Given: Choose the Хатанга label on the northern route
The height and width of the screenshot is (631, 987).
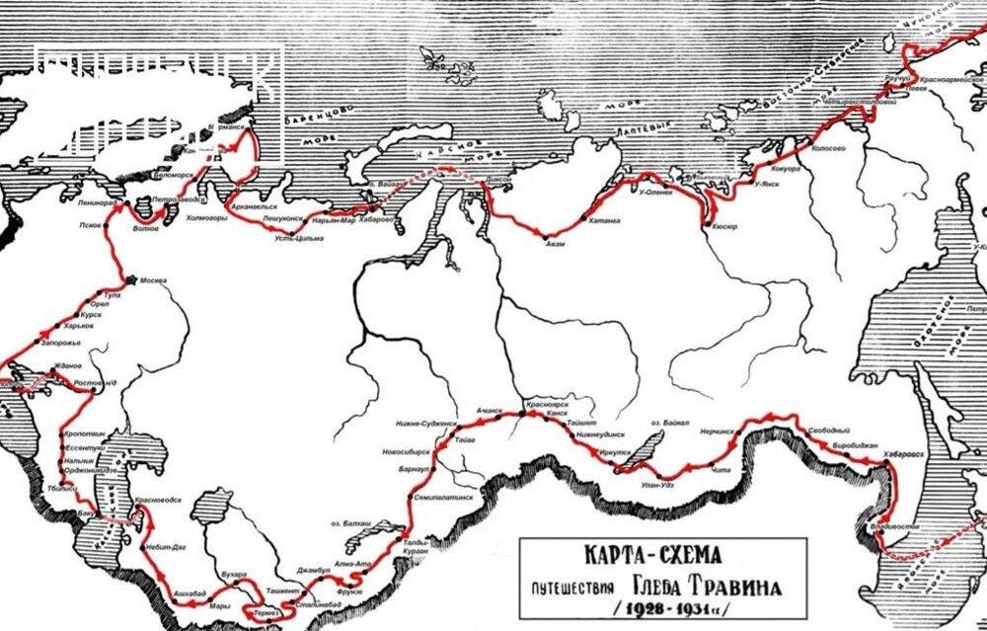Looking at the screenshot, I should point(604,221).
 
